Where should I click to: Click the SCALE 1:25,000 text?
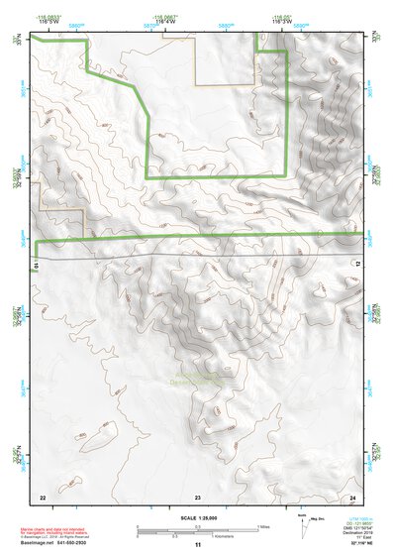196,517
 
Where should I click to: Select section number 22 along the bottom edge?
42,496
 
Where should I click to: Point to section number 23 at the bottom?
197,496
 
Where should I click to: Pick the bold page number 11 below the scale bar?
197,545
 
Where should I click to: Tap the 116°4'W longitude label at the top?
165,22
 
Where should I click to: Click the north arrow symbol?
302,523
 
